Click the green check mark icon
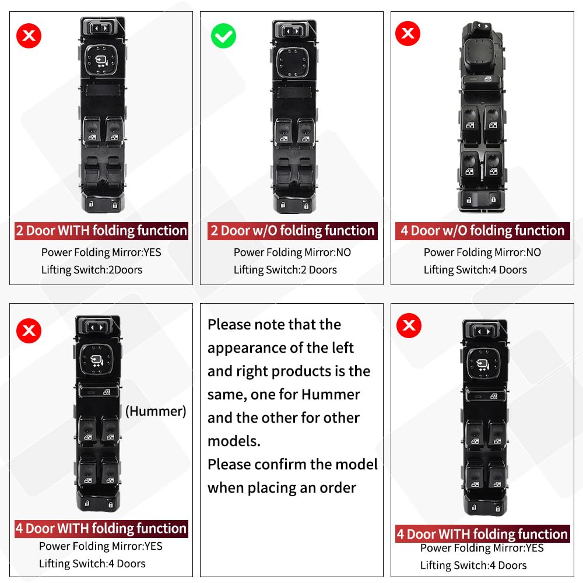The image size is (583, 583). [223, 36]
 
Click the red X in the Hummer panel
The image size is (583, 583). [29, 331]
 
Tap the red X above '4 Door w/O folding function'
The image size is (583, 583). [408, 34]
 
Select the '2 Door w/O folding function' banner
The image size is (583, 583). [293, 231]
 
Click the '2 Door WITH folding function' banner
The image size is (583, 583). [101, 231]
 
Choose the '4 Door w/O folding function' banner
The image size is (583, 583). [483, 231]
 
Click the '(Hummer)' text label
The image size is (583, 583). [156, 411]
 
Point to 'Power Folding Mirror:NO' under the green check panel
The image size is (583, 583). [292, 252]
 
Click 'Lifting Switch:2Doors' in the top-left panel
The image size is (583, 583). [92, 270]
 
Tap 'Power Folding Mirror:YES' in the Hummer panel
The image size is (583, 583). [101, 546]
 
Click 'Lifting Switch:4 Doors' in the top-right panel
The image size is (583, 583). [475, 270]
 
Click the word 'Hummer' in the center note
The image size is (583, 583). [330, 395]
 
